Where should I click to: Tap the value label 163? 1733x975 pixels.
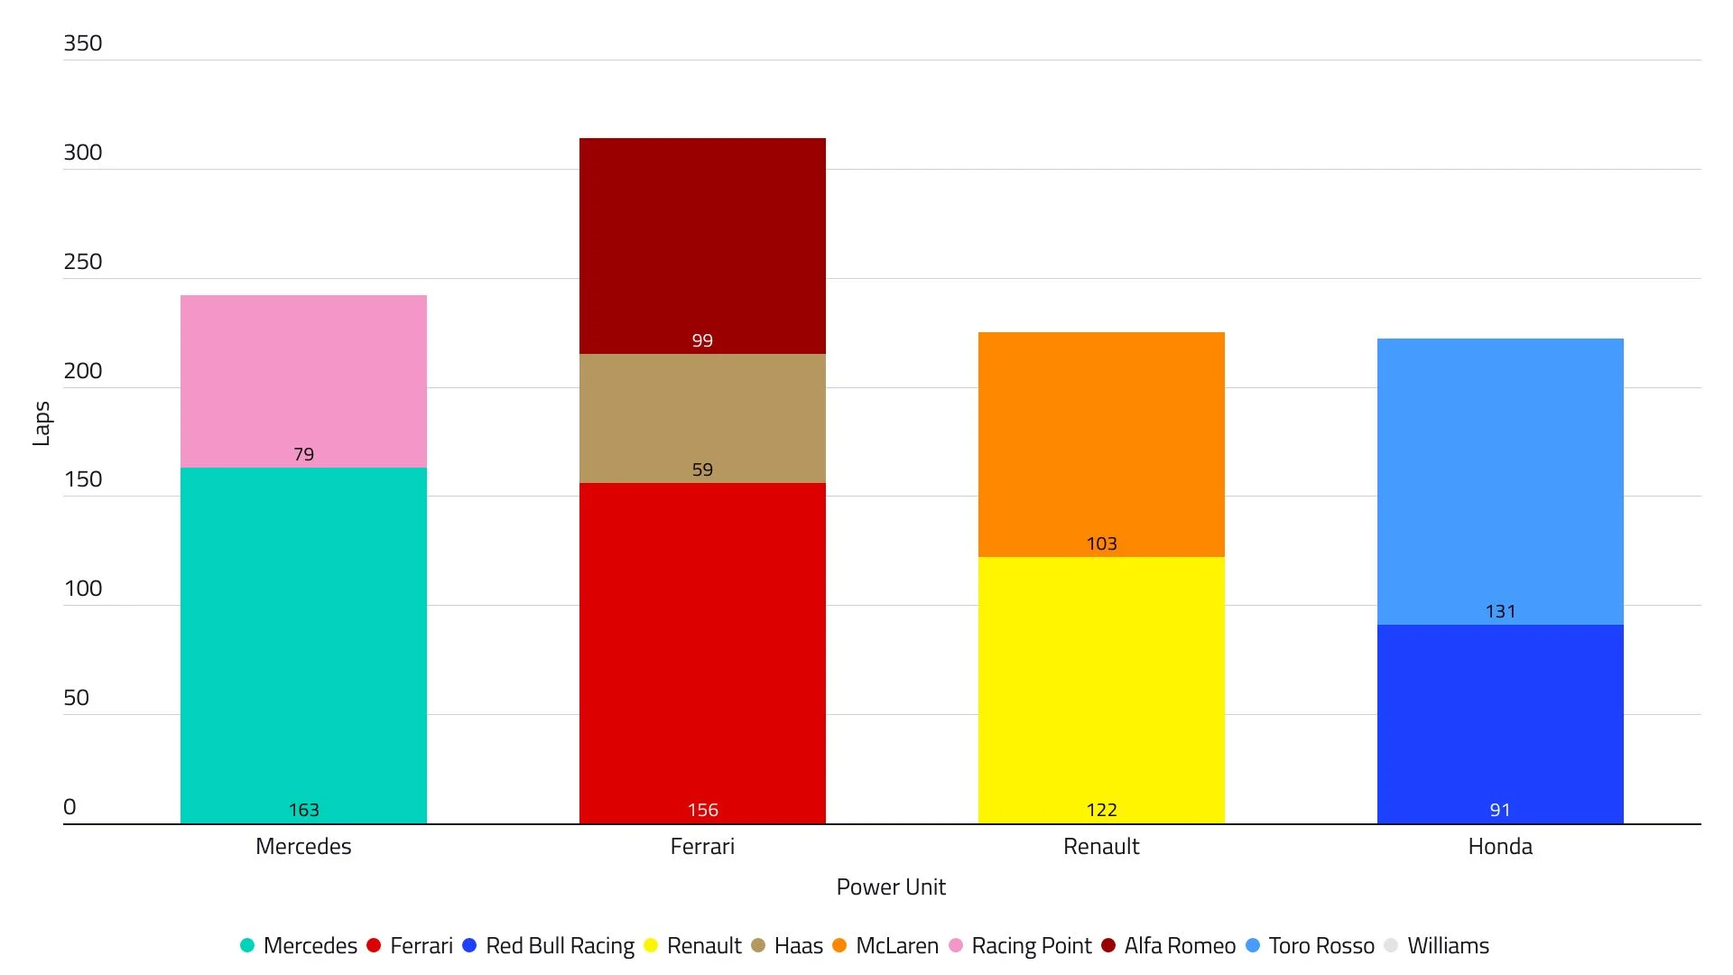tap(303, 810)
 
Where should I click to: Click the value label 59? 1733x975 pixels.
tap(702, 469)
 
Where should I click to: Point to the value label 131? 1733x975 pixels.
tap(1500, 611)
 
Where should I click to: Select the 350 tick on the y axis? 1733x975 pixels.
tap(83, 43)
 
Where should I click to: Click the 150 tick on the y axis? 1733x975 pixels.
tap(83, 479)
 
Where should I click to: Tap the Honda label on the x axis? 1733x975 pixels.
tap(1500, 847)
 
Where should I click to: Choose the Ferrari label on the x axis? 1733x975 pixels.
tap(702, 847)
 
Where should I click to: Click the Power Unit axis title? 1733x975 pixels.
tap(891, 887)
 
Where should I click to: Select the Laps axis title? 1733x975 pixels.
tap(42, 423)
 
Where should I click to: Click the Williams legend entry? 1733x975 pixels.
tap(1448, 946)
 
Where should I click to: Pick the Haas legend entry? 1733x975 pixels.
tap(798, 946)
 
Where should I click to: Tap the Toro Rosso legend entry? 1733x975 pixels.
tap(1321, 946)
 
